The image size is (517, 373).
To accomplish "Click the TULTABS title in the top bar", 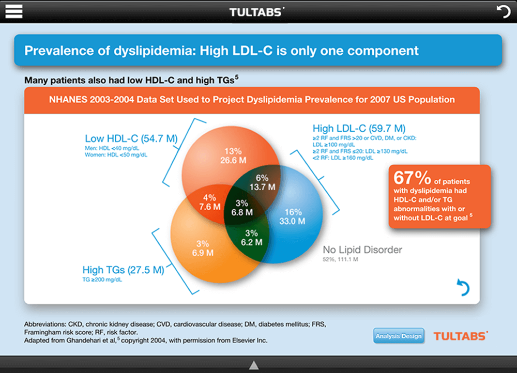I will [256, 11].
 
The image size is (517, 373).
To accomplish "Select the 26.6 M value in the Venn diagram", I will [233, 160].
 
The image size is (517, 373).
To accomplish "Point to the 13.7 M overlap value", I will [262, 186].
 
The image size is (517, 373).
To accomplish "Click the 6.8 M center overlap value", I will [241, 212].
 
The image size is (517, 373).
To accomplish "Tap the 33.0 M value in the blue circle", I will [293, 221].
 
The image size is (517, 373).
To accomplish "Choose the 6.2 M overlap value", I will [252, 241].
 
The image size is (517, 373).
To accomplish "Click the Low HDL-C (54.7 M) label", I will [131, 138].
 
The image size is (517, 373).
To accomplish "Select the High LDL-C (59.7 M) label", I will [359, 128].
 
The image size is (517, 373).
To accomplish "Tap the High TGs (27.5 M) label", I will [123, 270].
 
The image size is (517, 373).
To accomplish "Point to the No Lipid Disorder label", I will [362, 250].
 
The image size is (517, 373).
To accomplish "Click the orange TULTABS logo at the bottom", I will [460, 336].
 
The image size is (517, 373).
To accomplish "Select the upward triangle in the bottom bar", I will [253, 365].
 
